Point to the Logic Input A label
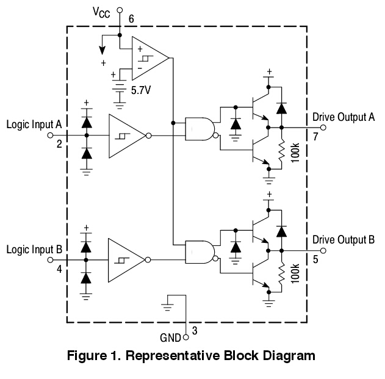34,125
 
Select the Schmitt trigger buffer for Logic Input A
126,135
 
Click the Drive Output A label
343,117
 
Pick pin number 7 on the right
315,137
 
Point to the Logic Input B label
34,250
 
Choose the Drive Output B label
343,239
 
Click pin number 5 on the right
315,259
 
